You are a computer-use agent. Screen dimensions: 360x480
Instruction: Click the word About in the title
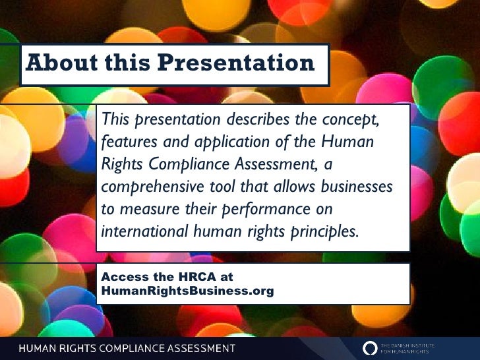tap(58, 63)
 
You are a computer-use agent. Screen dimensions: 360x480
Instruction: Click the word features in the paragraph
tap(128, 142)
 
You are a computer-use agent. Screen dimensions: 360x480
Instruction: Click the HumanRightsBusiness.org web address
tap(187, 291)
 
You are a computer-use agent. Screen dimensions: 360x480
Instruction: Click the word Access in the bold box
tap(122, 278)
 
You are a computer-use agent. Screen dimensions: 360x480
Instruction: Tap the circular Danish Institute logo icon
tap(371, 347)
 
